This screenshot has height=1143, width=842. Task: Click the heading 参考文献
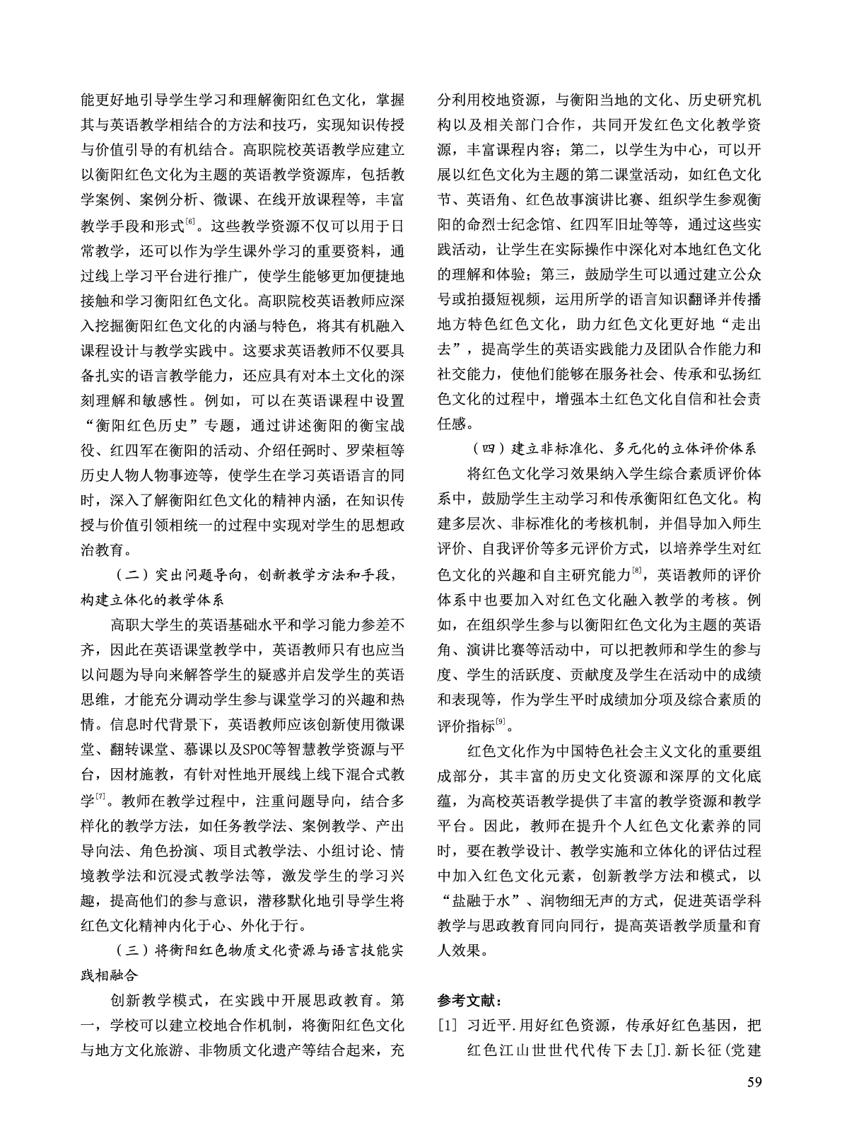[468, 1001]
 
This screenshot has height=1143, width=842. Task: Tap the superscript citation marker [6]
[189, 223]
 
